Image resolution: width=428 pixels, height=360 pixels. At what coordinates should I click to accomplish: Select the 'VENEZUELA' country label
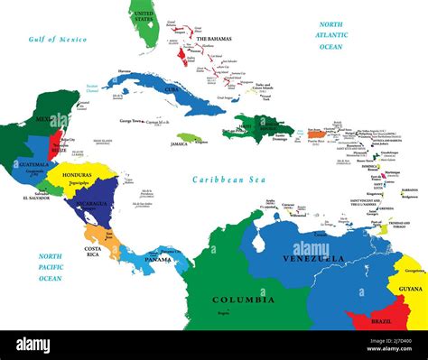[x=312, y=259]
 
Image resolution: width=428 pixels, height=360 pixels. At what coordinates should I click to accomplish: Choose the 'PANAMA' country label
[x=158, y=260]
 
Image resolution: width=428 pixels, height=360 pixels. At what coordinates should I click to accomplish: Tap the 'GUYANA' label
[x=411, y=288]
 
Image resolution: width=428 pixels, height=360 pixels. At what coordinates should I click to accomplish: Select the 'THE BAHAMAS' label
[x=213, y=40]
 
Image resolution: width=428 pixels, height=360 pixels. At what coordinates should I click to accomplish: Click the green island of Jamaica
[x=189, y=139]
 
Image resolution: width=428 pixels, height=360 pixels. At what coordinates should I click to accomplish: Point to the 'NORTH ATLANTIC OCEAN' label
[x=330, y=35]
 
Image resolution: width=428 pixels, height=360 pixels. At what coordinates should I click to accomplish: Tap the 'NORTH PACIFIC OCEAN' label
[x=50, y=266]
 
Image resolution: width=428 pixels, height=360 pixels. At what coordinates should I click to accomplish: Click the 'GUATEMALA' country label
[x=33, y=166]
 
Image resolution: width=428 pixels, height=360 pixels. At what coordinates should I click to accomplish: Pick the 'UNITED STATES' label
[x=143, y=15]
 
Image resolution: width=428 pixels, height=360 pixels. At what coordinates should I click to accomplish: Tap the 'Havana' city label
[x=124, y=71]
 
